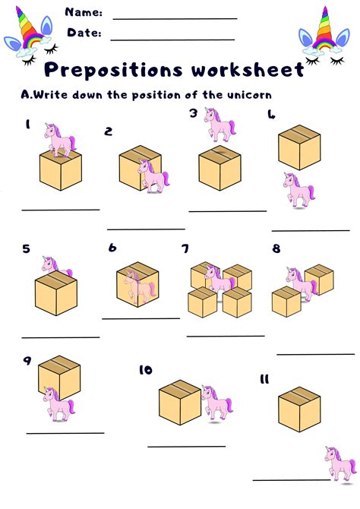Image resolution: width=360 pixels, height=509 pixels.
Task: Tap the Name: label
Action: click(x=84, y=13)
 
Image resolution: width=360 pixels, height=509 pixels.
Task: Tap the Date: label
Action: click(x=85, y=33)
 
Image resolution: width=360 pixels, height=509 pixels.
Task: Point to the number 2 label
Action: click(x=109, y=131)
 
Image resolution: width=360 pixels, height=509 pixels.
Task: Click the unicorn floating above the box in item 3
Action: click(x=220, y=124)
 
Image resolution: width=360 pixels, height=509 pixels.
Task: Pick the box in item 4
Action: click(x=299, y=147)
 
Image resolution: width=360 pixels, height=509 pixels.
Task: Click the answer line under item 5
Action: click(x=60, y=337)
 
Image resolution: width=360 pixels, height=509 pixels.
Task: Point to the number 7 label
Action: click(x=185, y=249)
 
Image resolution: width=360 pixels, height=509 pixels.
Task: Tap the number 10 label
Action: click(x=146, y=370)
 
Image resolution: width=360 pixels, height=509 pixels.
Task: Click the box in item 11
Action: click(x=299, y=409)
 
